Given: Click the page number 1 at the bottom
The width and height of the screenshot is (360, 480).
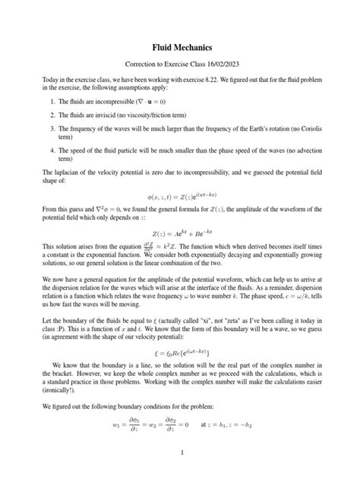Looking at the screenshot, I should pos(180,474).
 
